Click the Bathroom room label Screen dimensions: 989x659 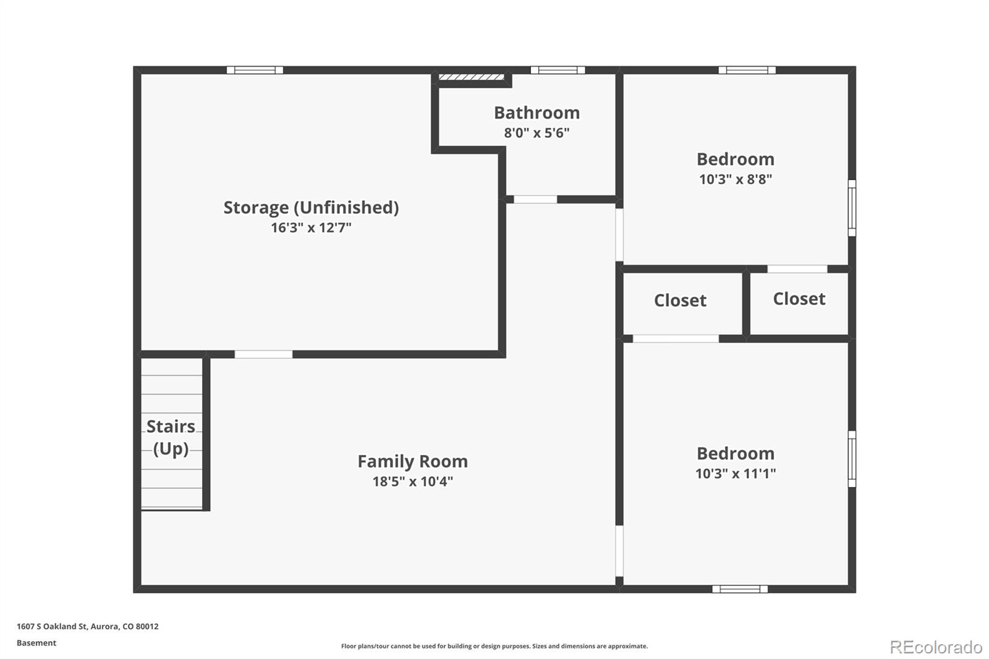[537, 113]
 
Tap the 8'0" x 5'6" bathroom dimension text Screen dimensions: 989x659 [537, 132]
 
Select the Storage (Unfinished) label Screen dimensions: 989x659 [311, 208]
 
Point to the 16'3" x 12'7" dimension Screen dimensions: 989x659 [311, 227]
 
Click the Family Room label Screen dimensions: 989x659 [412, 462]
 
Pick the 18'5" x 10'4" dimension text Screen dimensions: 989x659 [412, 481]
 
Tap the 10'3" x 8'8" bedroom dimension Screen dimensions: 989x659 [735, 179]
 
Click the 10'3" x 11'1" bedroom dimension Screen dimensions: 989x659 [735, 474]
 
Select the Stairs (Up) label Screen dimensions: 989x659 [171, 438]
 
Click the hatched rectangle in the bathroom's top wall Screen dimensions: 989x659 [471, 77]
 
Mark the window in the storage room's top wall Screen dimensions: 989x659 [255, 70]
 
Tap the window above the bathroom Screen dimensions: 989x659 [558, 70]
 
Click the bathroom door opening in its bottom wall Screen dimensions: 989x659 [535, 199]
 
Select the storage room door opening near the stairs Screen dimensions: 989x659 [263, 354]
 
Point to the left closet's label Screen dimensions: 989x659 [680, 300]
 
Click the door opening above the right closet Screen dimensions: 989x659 [797, 269]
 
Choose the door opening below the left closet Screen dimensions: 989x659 [676, 339]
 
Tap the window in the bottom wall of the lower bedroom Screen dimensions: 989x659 [740, 589]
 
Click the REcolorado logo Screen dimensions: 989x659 [936, 647]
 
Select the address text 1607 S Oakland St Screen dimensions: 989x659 [52, 626]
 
